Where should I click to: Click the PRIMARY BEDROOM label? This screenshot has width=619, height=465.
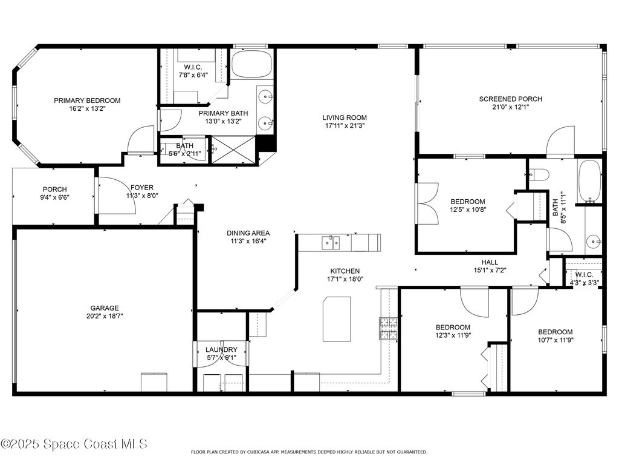pyautogui.click(x=87, y=101)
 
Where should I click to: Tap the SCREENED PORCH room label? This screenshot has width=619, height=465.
pyautogui.click(x=510, y=99)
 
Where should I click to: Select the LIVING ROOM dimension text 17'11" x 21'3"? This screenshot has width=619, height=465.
pyautogui.click(x=345, y=126)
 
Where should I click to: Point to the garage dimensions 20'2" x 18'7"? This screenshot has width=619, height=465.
pyautogui.click(x=105, y=316)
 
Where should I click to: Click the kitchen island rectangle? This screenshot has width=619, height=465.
pyautogui.click(x=337, y=319)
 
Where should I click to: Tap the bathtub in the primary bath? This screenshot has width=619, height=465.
pyautogui.click(x=252, y=64)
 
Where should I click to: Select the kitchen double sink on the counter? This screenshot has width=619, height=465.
pyautogui.click(x=331, y=242)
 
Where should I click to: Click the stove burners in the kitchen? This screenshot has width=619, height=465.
pyautogui.click(x=388, y=328)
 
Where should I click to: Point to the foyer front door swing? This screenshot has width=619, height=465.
pyautogui.click(x=117, y=196)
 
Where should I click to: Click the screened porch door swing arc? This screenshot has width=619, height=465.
pyautogui.click(x=560, y=140)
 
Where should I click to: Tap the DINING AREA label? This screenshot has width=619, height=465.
pyautogui.click(x=248, y=233)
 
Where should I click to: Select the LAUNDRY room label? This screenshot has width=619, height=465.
pyautogui.click(x=221, y=349)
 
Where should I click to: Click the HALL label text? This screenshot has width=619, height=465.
pyautogui.click(x=490, y=262)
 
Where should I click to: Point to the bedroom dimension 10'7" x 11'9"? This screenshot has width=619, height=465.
pyautogui.click(x=556, y=340)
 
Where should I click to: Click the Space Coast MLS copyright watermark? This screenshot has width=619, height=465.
pyautogui.click(x=74, y=444)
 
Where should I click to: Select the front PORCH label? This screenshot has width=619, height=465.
pyautogui.click(x=55, y=190)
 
